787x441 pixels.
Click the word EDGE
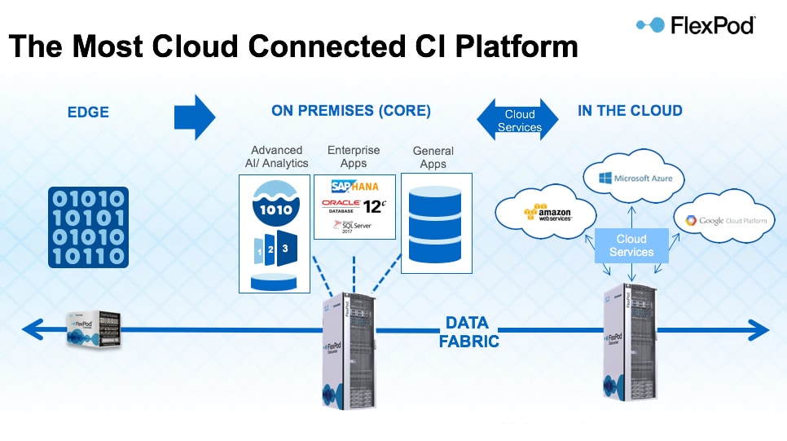click(x=88, y=111)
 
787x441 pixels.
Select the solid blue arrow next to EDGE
click(x=195, y=117)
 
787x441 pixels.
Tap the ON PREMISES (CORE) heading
click(x=351, y=111)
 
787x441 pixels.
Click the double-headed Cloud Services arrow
click(x=519, y=121)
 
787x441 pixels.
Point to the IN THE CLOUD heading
click(x=630, y=111)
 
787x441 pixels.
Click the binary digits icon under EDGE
click(x=87, y=227)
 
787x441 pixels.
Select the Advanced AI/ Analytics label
click(x=276, y=157)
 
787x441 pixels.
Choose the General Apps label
click(x=433, y=157)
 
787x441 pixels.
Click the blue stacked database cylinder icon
click(x=433, y=221)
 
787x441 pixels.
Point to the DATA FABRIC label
click(x=468, y=331)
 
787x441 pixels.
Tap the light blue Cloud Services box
click(x=631, y=245)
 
